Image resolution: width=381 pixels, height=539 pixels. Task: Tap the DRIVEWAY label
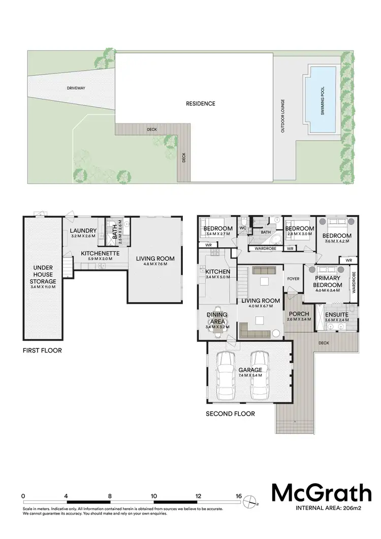tap(76, 88)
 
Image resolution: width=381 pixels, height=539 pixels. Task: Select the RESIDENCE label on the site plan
tap(200, 104)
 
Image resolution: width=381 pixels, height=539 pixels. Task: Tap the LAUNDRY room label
tap(83, 231)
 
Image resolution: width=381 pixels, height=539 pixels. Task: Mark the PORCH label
tap(295, 313)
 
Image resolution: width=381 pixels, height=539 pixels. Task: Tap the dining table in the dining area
tap(217, 321)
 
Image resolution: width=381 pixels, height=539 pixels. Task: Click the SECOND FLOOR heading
tap(230, 414)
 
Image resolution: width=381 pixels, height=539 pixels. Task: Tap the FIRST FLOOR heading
tap(42, 351)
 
